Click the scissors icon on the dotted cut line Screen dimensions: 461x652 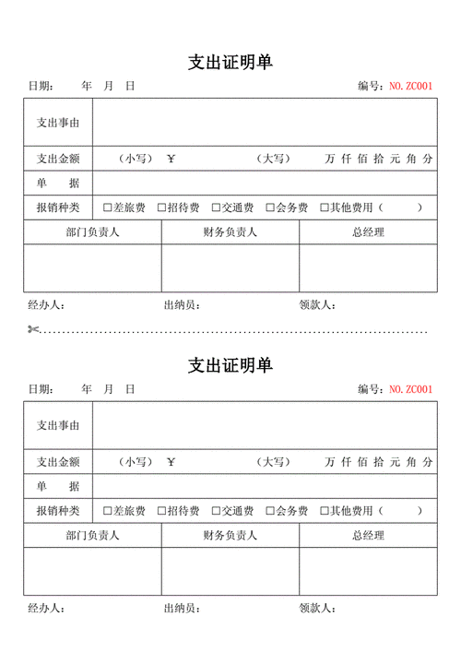point(33,329)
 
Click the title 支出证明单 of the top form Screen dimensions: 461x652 point(230,62)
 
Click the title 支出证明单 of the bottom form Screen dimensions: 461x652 point(230,365)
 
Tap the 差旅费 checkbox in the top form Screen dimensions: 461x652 point(107,207)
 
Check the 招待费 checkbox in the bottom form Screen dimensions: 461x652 point(161,510)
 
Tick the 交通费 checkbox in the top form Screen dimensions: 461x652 point(216,207)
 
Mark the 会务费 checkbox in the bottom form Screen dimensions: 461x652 point(270,510)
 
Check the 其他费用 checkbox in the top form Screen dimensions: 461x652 point(325,207)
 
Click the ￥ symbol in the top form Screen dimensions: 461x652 point(171,159)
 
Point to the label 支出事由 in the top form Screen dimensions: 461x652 point(57,122)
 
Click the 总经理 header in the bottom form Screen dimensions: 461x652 point(368,535)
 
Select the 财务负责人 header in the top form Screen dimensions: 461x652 point(230,232)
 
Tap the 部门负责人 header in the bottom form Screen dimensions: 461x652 point(92,535)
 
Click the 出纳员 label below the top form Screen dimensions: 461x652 point(181,304)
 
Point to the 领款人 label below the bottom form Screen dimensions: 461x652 point(317,608)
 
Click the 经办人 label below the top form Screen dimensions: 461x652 point(45,304)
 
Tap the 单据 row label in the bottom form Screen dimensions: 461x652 point(57,486)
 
